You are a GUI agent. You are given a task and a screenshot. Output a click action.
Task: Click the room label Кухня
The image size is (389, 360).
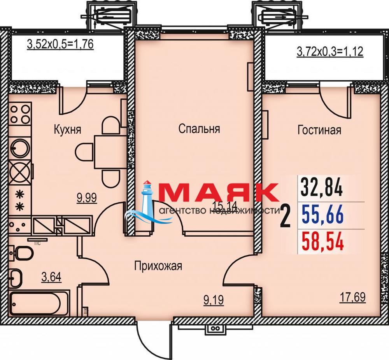(67, 129)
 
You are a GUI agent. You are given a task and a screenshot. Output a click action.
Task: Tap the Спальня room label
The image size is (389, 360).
(199, 129)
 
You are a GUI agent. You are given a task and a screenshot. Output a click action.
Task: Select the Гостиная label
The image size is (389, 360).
(319, 130)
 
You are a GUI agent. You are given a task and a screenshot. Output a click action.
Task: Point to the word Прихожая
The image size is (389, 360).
(158, 266)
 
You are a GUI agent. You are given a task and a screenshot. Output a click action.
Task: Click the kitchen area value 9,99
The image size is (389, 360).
(87, 198)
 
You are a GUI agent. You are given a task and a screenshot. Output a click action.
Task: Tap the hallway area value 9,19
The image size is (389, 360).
(213, 300)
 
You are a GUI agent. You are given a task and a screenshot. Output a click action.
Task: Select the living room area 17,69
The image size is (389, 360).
(352, 297)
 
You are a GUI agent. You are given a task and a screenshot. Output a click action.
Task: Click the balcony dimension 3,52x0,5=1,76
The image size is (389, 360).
(60, 44)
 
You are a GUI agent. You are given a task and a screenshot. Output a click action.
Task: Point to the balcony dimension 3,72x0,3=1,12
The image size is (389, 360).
(330, 52)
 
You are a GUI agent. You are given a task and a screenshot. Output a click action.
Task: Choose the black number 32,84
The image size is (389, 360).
(322, 188)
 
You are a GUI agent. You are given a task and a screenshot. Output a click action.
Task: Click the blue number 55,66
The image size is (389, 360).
(322, 215)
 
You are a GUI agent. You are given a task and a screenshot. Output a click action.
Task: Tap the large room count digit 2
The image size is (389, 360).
(285, 217)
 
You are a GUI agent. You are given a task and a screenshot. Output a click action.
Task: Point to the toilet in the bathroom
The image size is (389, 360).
(22, 253)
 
